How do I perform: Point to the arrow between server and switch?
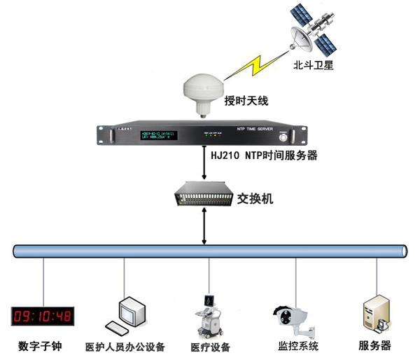coord(203,165)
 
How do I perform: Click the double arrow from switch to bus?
coord(203,226)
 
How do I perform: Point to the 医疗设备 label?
coord(210,347)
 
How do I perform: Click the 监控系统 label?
coord(298,346)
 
